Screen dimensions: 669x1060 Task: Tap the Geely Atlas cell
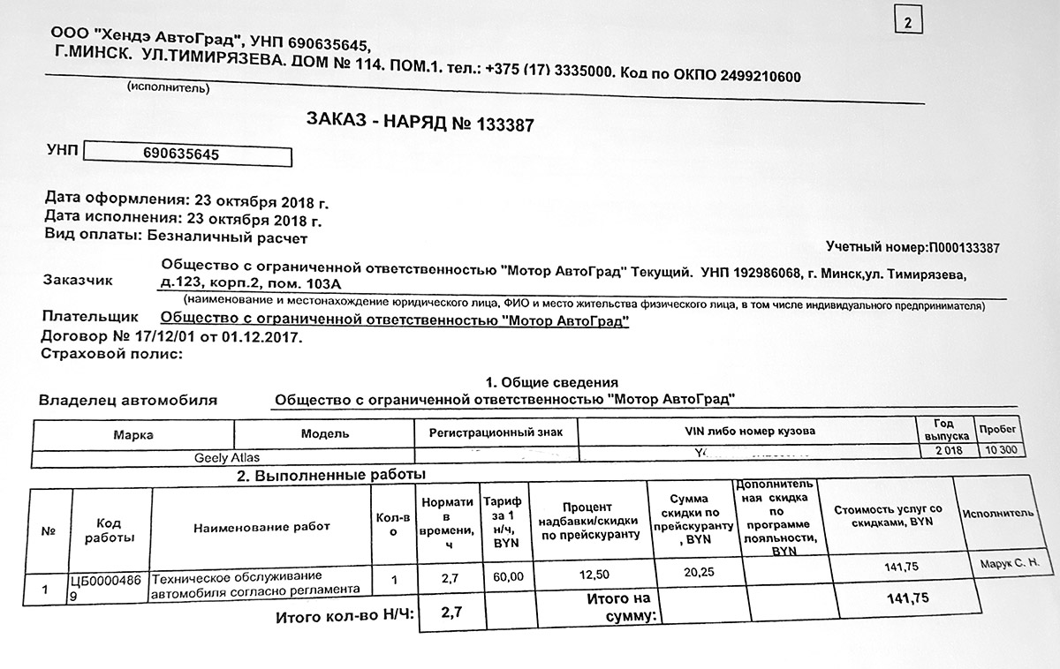[x=226, y=458]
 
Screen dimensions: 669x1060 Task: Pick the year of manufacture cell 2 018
[x=942, y=450]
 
